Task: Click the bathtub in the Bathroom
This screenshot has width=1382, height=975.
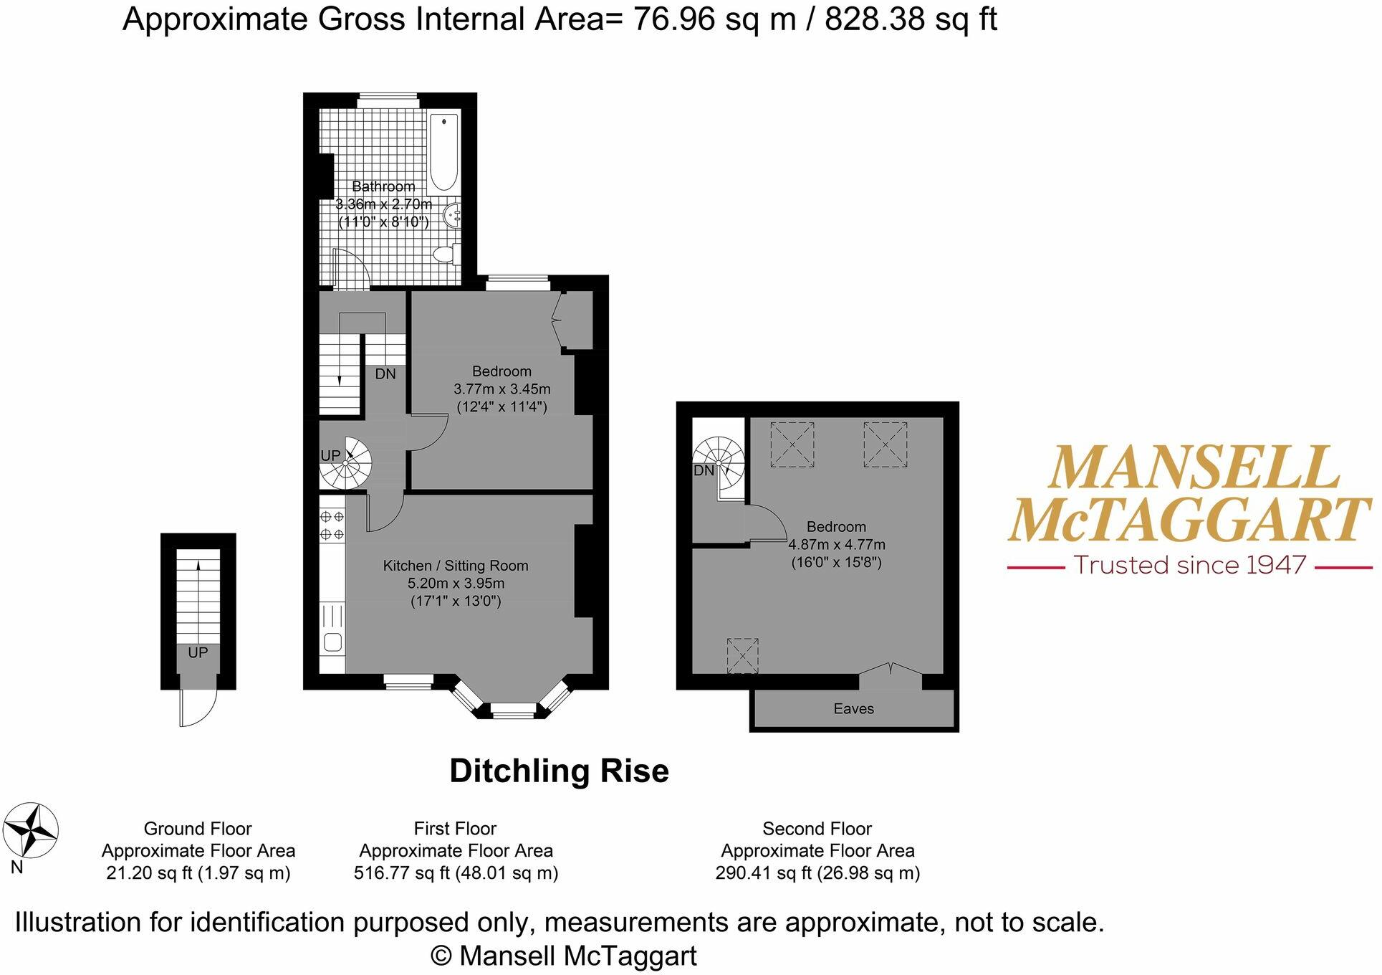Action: click(444, 152)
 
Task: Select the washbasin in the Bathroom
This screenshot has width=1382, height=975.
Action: click(453, 214)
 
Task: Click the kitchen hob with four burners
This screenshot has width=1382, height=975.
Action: click(332, 525)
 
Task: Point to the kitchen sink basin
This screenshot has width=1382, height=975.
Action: click(332, 642)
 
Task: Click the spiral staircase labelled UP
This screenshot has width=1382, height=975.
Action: click(347, 462)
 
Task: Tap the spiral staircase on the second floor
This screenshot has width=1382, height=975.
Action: click(720, 463)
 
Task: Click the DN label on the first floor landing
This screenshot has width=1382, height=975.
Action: click(385, 374)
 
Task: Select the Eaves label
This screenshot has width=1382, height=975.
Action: click(853, 709)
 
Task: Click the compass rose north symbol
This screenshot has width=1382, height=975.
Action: click(31, 831)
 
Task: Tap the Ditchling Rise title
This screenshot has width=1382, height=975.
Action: click(559, 771)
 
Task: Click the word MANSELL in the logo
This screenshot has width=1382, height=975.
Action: click(1193, 468)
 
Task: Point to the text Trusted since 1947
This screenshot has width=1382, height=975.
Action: click(1190, 566)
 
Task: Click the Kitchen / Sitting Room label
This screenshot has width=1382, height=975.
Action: click(456, 566)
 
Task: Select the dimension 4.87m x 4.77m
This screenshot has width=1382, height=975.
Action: click(836, 544)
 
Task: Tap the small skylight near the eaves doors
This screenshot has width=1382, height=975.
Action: click(742, 655)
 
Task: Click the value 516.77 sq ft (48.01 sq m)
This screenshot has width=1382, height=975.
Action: click(456, 873)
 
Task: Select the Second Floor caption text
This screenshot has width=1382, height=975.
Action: click(817, 829)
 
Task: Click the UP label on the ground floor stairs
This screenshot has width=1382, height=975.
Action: click(198, 652)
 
